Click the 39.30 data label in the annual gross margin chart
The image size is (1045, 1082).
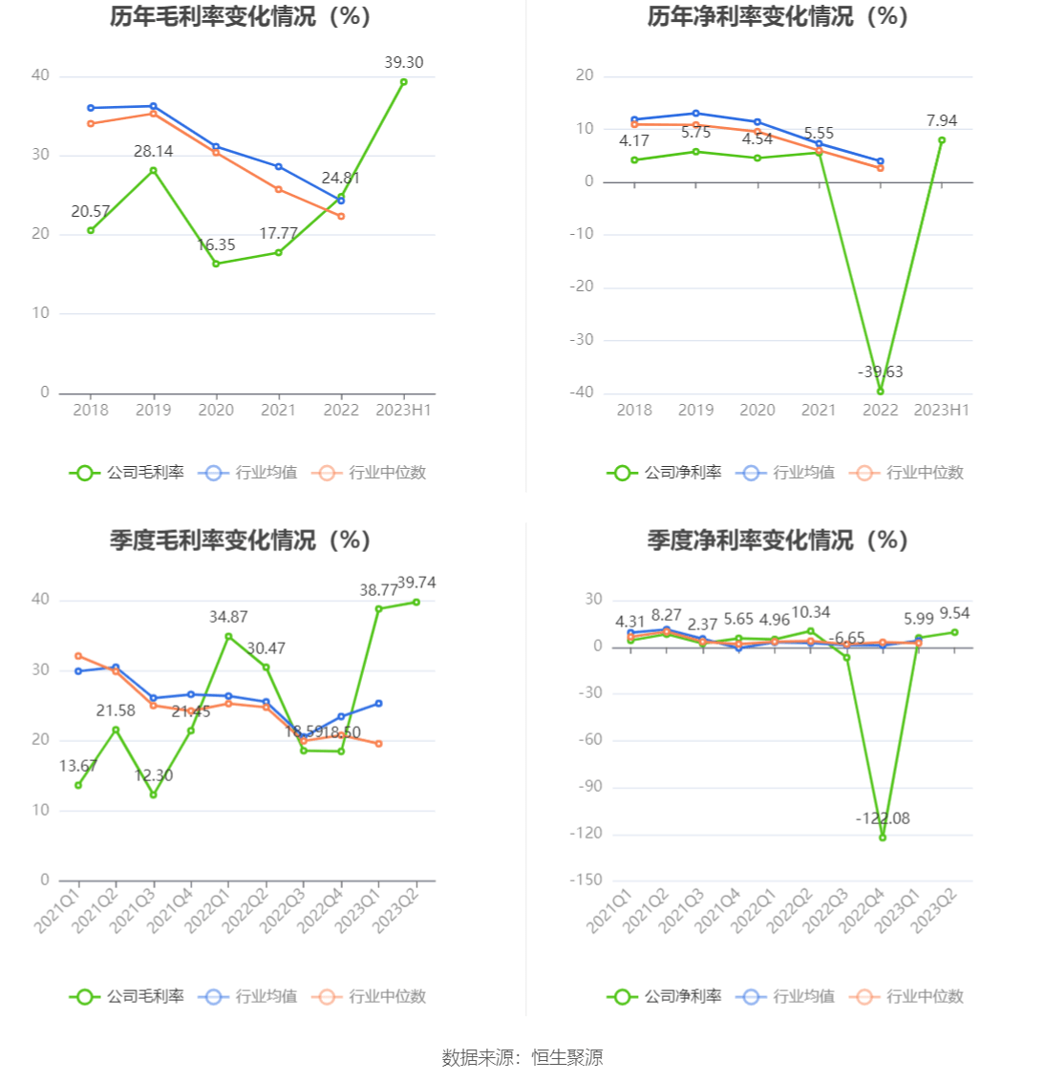click(x=403, y=63)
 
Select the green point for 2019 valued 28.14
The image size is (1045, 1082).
click(x=153, y=171)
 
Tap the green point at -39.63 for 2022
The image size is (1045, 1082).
click(x=880, y=391)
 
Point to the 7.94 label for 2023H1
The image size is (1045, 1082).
click(x=941, y=121)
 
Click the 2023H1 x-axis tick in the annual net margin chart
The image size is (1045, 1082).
click(x=941, y=410)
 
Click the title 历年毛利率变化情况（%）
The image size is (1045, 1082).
click(x=240, y=17)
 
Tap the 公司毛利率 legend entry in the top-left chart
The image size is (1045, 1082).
click(x=127, y=473)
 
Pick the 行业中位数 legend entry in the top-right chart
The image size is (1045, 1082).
click(x=910, y=473)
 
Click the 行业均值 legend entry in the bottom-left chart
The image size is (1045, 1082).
click(x=249, y=997)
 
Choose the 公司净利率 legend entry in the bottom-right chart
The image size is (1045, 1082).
click(x=665, y=997)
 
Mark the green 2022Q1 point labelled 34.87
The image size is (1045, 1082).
click(x=228, y=636)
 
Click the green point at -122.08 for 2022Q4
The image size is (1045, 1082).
click(x=883, y=838)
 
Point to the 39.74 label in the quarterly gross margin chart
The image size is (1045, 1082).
click(x=416, y=583)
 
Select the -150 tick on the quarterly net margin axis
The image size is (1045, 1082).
click(x=586, y=880)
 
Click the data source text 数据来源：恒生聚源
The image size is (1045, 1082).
click(x=522, y=1057)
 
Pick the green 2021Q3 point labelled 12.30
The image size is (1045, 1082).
click(x=153, y=795)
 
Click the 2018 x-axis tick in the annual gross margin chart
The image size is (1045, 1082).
click(x=91, y=410)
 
